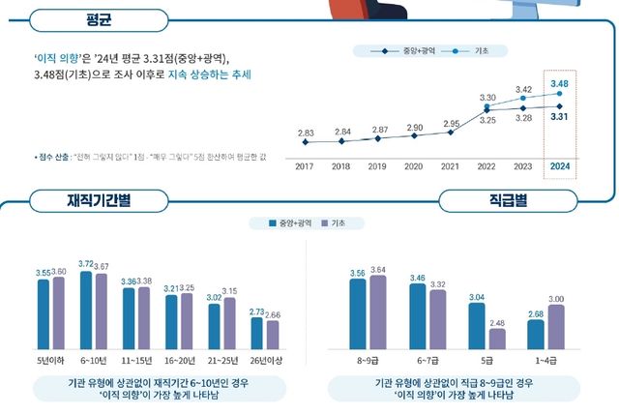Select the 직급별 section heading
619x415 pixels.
coord(507,201)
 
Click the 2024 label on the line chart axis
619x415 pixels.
coord(559,165)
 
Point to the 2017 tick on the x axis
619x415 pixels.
coord(306,165)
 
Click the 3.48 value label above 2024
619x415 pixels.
coord(559,84)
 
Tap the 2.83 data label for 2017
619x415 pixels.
coord(306,132)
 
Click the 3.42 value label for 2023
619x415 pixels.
coord(523,88)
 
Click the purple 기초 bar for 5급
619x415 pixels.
coord(497,338)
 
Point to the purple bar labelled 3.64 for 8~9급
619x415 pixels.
coord(378,311)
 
